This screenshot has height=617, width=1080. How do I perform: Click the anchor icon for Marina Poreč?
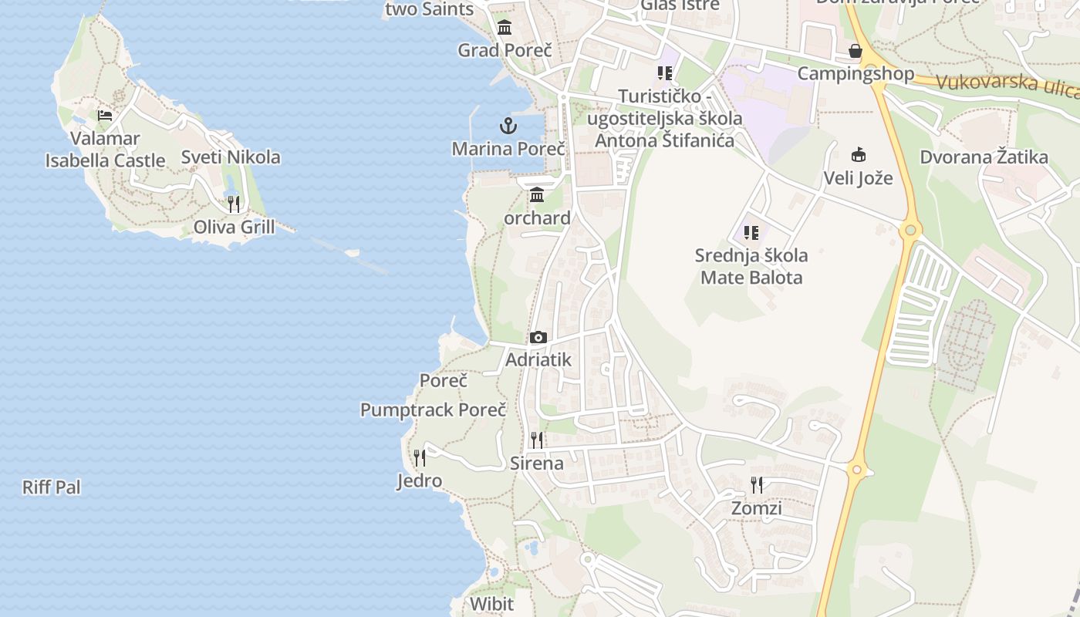point(508,125)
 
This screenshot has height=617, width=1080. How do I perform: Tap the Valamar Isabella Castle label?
point(105,150)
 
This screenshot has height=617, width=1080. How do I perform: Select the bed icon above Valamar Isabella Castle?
point(105,116)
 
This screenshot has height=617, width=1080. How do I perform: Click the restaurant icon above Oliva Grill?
point(234,204)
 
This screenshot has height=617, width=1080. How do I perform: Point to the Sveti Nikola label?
point(231,157)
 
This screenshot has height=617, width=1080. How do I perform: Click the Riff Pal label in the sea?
point(52,487)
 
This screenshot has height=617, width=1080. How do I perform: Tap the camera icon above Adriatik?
point(538,338)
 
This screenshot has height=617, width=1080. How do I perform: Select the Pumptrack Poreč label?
point(433,410)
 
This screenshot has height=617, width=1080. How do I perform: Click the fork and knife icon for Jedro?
point(420,458)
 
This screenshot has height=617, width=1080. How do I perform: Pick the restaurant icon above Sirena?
point(537,440)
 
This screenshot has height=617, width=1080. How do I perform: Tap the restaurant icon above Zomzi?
point(757,485)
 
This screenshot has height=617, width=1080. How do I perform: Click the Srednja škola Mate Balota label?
point(751,266)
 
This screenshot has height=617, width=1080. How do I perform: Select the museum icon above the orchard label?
point(537,194)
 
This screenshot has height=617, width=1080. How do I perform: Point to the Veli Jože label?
point(858,178)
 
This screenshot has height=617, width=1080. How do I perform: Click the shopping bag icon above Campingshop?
point(856,51)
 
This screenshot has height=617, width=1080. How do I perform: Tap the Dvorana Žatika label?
point(984,158)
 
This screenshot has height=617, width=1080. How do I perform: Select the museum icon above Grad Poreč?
point(505,28)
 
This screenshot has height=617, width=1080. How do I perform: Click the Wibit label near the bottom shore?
point(491,603)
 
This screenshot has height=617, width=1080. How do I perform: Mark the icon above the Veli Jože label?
point(858,154)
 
